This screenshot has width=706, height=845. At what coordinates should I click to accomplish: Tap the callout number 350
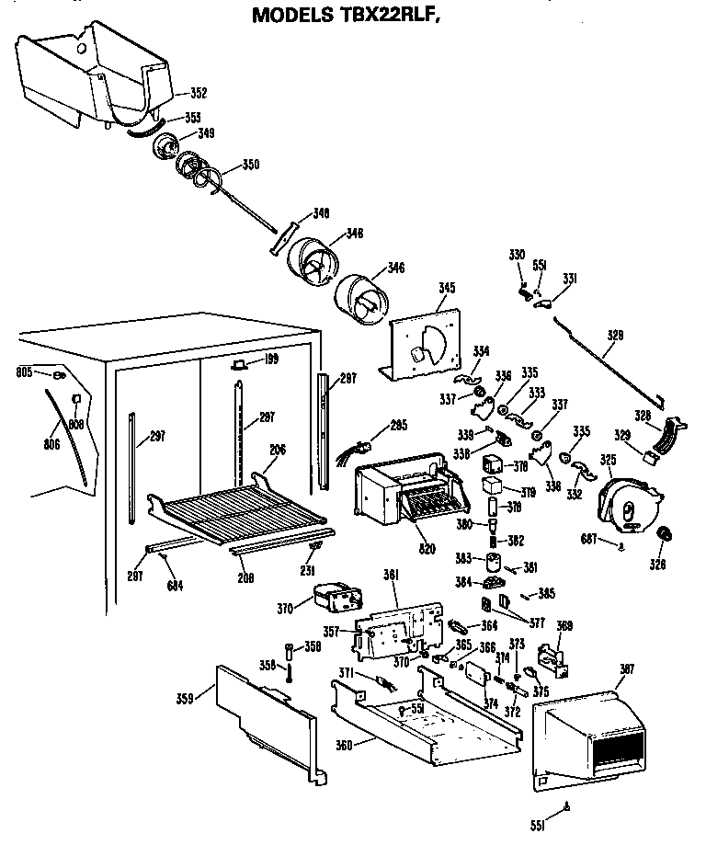[251, 166]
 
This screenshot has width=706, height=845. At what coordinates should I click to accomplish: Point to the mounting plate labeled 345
[426, 340]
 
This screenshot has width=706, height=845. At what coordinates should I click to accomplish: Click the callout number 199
[270, 360]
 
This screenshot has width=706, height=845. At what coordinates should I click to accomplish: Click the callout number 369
[564, 627]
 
